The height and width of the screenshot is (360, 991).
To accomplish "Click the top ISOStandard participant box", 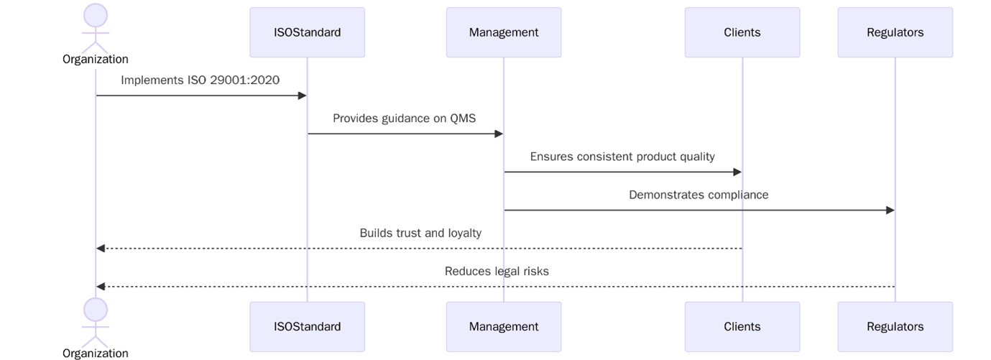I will pyautogui.click(x=307, y=32).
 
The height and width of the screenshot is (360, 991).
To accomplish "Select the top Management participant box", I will pyautogui.click(x=503, y=32).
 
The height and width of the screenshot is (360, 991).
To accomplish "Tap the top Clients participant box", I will pyautogui.click(x=742, y=32).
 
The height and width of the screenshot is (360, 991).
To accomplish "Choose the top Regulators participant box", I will pyautogui.click(x=895, y=32).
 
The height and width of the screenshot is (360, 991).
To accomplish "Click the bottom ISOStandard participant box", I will pyautogui.click(x=307, y=326).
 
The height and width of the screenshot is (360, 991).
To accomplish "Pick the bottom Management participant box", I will pyautogui.click(x=503, y=326).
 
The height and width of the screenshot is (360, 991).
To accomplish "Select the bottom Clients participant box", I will pyautogui.click(x=742, y=326).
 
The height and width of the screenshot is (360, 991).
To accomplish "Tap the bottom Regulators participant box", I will pyautogui.click(x=895, y=326).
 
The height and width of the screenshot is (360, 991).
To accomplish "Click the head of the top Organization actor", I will pyautogui.click(x=96, y=16).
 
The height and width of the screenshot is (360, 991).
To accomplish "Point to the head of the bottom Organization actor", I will pyautogui.click(x=96, y=310).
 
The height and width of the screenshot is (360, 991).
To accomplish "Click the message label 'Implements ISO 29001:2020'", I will pyautogui.click(x=200, y=80).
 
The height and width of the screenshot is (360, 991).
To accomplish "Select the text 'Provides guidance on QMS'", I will pyautogui.click(x=404, y=119).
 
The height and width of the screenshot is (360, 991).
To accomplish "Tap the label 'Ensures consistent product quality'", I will pyautogui.click(x=622, y=157).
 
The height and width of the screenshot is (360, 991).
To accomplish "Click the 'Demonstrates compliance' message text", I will pyautogui.click(x=699, y=195).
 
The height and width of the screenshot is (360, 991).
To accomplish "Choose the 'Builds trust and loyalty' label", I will pyautogui.click(x=420, y=233).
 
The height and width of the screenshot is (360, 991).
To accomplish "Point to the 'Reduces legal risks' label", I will pyautogui.click(x=497, y=271).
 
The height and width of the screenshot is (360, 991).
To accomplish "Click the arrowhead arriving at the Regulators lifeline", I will pyautogui.click(x=890, y=211).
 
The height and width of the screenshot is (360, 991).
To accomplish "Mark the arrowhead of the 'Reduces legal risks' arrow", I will pyautogui.click(x=101, y=287).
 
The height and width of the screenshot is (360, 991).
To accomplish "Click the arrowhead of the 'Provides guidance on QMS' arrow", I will pyautogui.click(x=498, y=134).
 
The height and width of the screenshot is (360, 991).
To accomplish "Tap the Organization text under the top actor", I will pyautogui.click(x=96, y=60).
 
